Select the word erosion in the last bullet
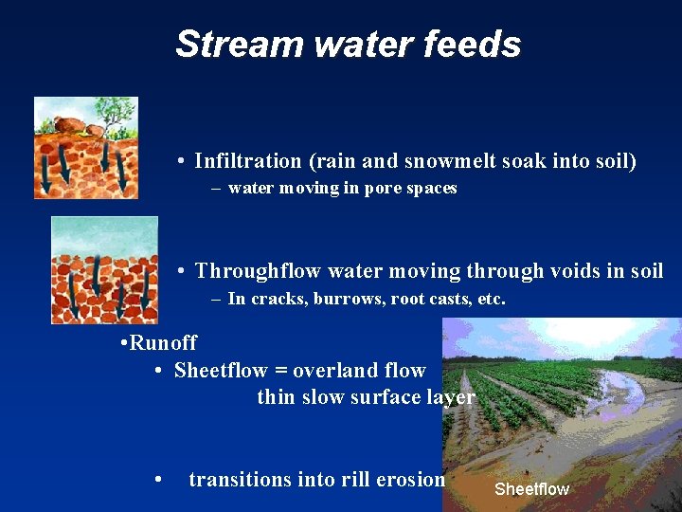411,480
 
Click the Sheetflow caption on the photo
531,489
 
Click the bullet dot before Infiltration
181,162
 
